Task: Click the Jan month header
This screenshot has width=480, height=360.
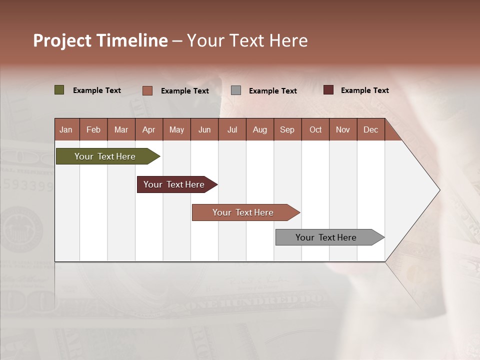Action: (x=66, y=130)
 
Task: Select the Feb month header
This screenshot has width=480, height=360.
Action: (x=93, y=130)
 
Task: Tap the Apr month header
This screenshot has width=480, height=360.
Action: (x=148, y=130)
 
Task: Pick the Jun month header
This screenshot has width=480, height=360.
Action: (x=204, y=130)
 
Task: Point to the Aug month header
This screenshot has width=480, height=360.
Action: (x=259, y=130)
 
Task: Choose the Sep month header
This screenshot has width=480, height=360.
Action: (x=287, y=130)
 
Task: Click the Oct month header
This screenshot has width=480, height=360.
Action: (x=315, y=130)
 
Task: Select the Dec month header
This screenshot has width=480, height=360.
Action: (x=370, y=130)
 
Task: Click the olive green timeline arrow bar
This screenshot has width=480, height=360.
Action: (x=105, y=156)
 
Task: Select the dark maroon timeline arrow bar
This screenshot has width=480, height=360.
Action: (x=174, y=184)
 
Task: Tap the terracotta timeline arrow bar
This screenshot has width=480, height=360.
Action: (x=243, y=212)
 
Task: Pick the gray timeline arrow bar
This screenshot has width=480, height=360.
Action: (x=326, y=237)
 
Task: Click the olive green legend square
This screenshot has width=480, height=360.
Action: (x=59, y=90)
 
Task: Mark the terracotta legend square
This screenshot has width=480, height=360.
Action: (x=147, y=90)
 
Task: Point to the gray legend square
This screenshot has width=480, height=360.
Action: (x=236, y=90)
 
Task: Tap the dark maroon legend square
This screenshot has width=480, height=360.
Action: (x=328, y=90)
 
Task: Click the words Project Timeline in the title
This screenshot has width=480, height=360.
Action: (x=100, y=40)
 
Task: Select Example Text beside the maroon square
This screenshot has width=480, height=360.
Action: (x=364, y=90)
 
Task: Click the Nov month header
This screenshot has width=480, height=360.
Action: (x=342, y=130)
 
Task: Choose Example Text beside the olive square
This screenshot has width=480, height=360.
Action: (x=96, y=90)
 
